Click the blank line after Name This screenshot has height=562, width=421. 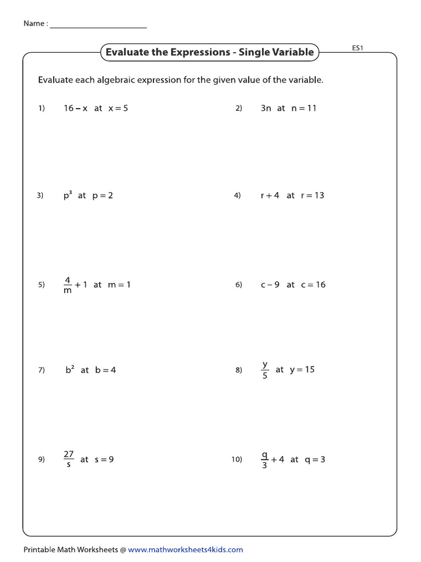pos(98,25)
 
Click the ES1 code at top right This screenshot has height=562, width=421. pos(357,48)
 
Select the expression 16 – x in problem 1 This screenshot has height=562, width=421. pos(76,108)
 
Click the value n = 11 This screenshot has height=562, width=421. pos(304,108)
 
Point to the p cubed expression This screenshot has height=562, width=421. pos(67,195)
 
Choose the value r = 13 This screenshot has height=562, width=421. pos(312,195)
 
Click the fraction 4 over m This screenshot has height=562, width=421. pos(68,285)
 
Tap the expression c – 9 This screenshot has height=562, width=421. pos(270,284)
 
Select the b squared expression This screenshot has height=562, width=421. pos(70,369)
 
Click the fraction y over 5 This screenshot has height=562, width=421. pos(265,370)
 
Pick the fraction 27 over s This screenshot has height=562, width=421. pos(69,459)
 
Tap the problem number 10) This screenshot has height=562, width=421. pos(236,460)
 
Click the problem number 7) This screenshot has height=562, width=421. pos(41,370)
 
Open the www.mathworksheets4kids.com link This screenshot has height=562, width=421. pos(185,549)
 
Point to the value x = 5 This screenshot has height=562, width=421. pos(118,108)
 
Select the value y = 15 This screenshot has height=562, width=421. pos(302,369)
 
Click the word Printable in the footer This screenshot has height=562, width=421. pos(39,549)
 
